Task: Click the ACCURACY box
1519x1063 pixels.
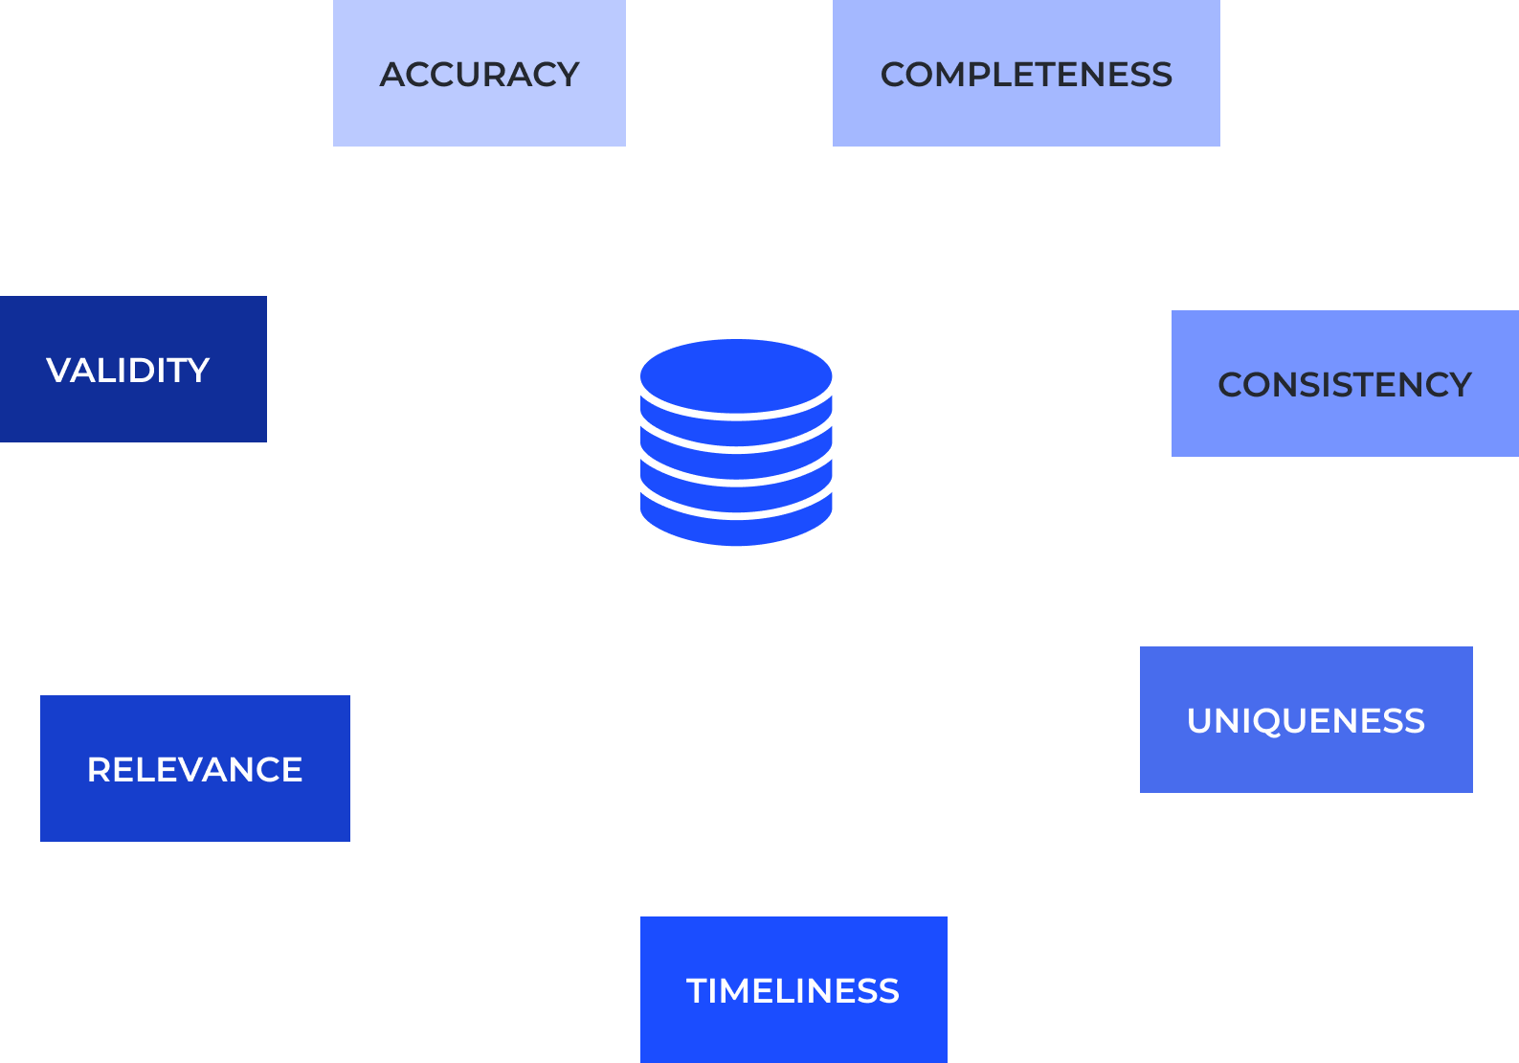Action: click(x=479, y=73)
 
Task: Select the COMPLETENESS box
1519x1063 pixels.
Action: click(x=1026, y=73)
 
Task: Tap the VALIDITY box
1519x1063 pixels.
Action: click(x=133, y=369)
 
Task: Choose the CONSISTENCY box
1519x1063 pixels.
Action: click(x=1345, y=383)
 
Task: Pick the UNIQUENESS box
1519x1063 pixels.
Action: click(x=1306, y=719)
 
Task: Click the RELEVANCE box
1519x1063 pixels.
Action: click(x=194, y=768)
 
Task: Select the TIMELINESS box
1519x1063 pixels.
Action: click(x=793, y=989)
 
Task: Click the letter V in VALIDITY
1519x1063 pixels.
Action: click(x=61, y=370)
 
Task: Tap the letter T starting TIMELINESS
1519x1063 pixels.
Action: click(x=699, y=990)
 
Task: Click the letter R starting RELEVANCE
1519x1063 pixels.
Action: click(x=100, y=769)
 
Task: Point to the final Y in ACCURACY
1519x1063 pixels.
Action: click(x=565, y=74)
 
